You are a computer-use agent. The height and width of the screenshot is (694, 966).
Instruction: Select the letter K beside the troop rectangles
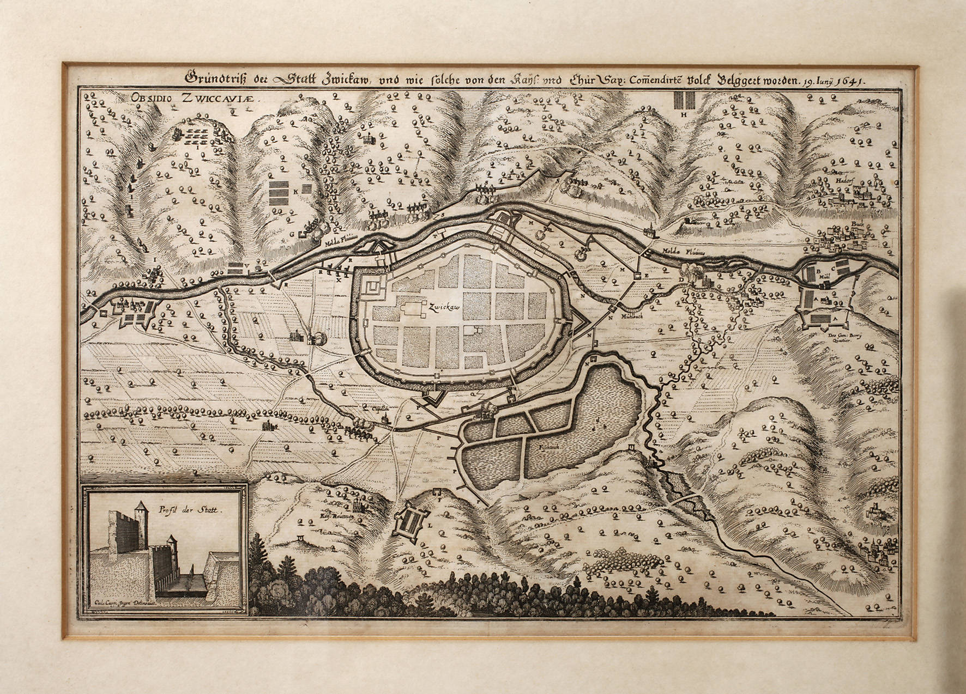coord(295,192)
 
